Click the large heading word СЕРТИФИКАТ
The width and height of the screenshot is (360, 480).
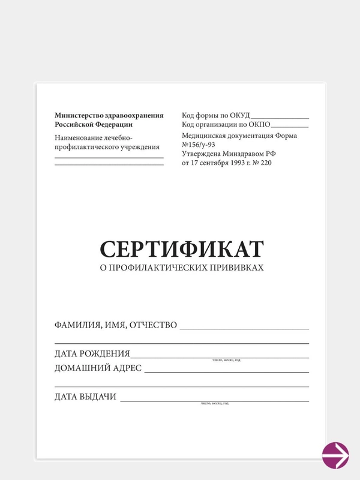(x=182, y=249)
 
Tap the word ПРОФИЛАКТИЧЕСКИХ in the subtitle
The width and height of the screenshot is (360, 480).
(x=154, y=268)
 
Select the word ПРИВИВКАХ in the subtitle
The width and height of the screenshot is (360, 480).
(x=234, y=268)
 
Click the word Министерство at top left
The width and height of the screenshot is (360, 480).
(x=77, y=115)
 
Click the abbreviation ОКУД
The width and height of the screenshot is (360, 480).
(x=238, y=115)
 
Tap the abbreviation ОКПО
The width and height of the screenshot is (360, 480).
(x=259, y=125)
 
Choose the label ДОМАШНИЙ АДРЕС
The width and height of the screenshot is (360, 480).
(x=98, y=368)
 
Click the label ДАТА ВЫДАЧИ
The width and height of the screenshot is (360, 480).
(x=85, y=397)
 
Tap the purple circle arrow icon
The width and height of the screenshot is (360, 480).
(x=335, y=455)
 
